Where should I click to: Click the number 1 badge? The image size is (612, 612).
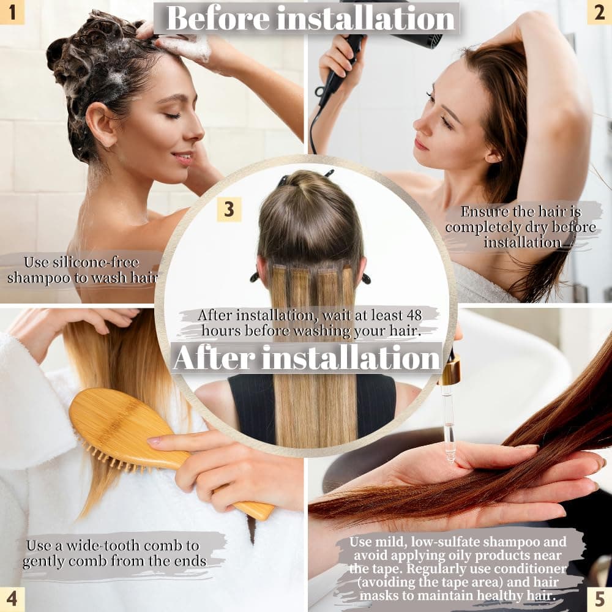point(12,12)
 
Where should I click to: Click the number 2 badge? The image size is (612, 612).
point(599,12)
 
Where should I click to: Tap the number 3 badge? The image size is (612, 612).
point(229,209)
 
